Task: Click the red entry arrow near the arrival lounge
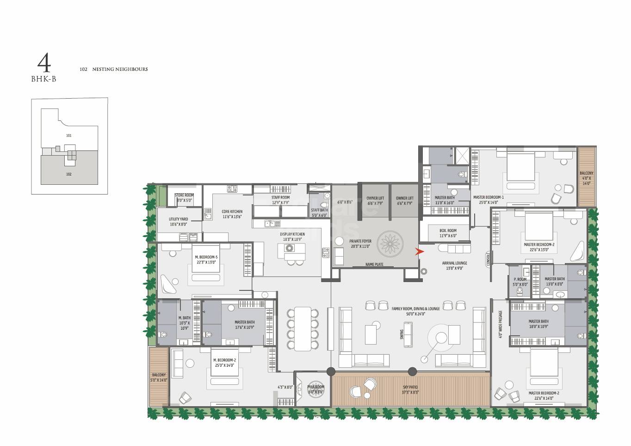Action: click(420, 252)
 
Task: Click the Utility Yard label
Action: click(178, 221)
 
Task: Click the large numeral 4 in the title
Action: click(44, 62)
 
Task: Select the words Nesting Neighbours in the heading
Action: click(120, 69)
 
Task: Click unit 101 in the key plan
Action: click(68, 136)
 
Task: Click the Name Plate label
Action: click(374, 265)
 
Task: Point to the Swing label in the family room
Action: click(402, 334)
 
